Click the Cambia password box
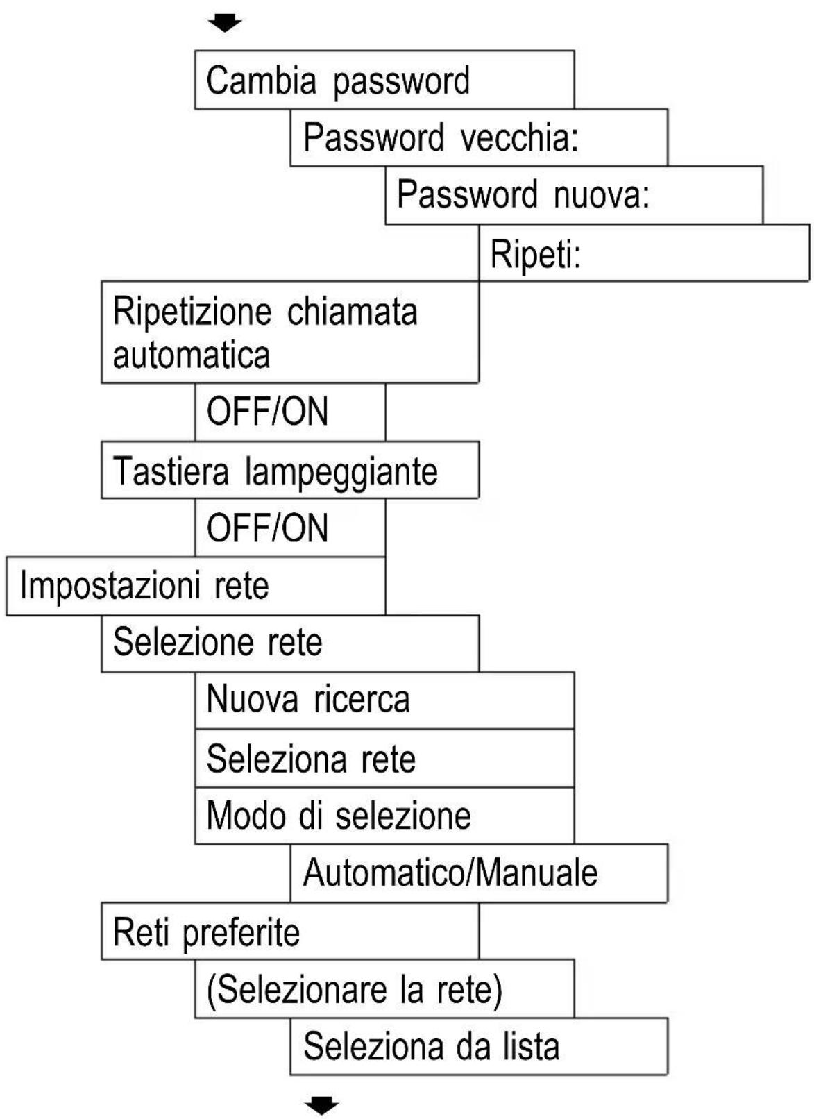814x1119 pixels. [x=384, y=80]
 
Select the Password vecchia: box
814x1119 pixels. [x=479, y=137]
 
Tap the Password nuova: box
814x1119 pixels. [x=574, y=194]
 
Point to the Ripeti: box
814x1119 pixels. [x=643, y=253]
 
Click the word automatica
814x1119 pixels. [x=191, y=355]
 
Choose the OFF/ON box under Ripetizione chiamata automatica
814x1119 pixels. [x=290, y=412]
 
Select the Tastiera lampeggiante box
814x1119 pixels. [x=290, y=471]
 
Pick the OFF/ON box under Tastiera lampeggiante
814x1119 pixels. [x=290, y=528]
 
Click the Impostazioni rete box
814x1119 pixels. [x=196, y=586]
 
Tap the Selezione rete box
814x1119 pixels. [x=290, y=643]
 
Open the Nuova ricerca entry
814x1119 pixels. [x=384, y=700]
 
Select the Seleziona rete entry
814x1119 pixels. [x=384, y=758]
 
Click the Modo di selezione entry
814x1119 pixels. [x=384, y=815]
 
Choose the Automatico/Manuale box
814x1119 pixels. [x=479, y=873]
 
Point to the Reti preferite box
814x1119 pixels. [x=290, y=932]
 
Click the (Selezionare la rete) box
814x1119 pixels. [x=384, y=989]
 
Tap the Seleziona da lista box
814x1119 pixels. [x=479, y=1047]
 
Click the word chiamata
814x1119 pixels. [x=352, y=312]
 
